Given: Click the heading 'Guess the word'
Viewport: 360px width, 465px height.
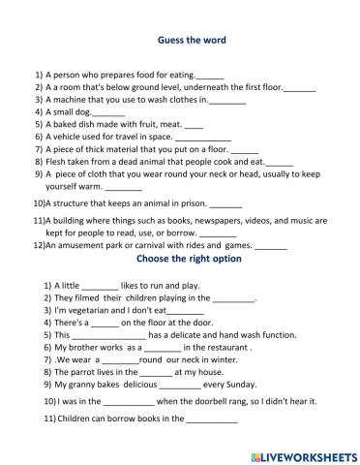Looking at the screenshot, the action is coord(191,41).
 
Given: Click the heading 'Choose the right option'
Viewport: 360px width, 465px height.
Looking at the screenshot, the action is coord(190,260).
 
